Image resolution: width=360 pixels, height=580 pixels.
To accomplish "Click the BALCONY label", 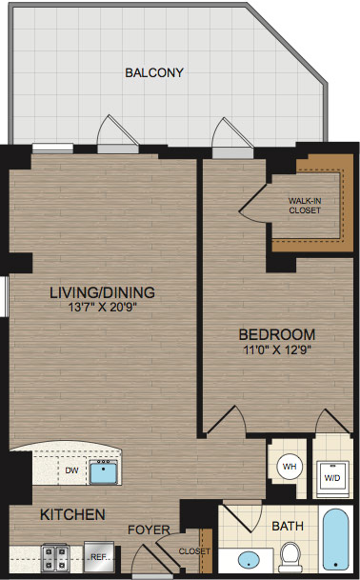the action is pos(154,72).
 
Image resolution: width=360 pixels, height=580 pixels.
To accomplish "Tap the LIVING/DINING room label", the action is pos(103,292).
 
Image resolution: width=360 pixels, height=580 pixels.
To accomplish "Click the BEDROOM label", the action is pos(277,334).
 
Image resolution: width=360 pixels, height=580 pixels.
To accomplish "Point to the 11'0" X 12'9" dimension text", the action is pos(277,350).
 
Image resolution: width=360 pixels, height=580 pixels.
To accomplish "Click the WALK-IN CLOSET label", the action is pos(305,206).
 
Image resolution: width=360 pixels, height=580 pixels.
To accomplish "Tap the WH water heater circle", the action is pos(290,467).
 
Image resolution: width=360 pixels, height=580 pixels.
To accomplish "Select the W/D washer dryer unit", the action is pos(331,477).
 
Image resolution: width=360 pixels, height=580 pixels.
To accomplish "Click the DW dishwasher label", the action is pos(71,470).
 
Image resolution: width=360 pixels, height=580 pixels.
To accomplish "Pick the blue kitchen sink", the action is pos(103,471).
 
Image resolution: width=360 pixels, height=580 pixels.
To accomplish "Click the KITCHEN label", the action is pos(72,514).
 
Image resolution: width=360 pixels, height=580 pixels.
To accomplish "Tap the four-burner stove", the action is pos(54,558).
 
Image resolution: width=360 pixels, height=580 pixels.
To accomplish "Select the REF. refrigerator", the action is pos(99,557).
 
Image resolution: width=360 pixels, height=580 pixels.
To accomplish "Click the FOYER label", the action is pos(149,530).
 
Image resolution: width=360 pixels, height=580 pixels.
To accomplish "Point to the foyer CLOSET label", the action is pos(194,551).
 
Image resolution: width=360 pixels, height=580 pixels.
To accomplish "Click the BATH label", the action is pos(288,526).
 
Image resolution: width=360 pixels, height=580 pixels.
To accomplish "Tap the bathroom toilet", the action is pos(290,557).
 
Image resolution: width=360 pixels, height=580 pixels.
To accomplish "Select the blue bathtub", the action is pos(335,539).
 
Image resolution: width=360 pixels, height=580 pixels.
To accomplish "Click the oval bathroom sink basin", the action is pos(248,560).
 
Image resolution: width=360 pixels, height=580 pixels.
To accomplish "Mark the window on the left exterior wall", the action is pos(5,296).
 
